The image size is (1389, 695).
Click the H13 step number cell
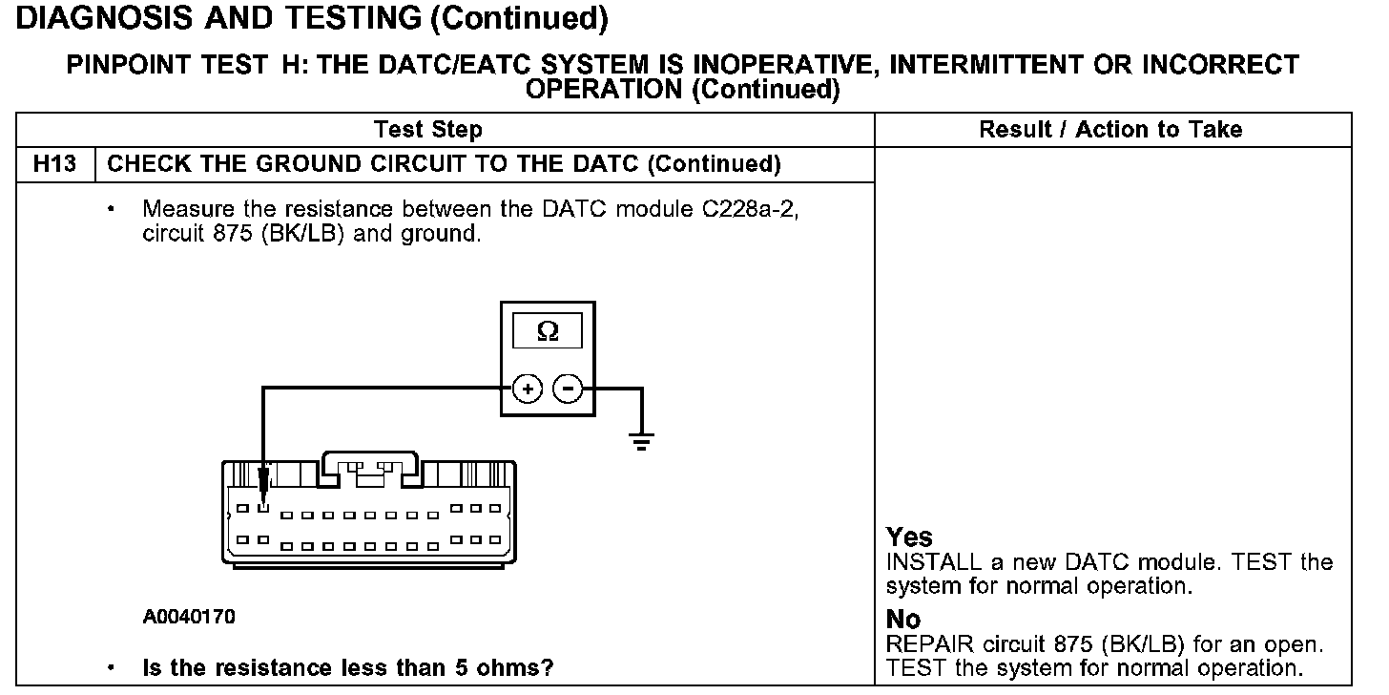(54, 164)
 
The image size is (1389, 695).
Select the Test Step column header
(428, 130)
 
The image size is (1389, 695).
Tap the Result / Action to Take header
(1111, 130)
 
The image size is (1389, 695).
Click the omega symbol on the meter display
(548, 331)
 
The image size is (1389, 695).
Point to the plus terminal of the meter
(528, 389)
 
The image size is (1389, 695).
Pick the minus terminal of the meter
(569, 389)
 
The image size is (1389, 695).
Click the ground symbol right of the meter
(642, 440)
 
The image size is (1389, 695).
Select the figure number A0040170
(189, 616)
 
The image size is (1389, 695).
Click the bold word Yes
(909, 537)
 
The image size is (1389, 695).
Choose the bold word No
(902, 620)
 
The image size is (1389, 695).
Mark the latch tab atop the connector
(369, 462)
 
